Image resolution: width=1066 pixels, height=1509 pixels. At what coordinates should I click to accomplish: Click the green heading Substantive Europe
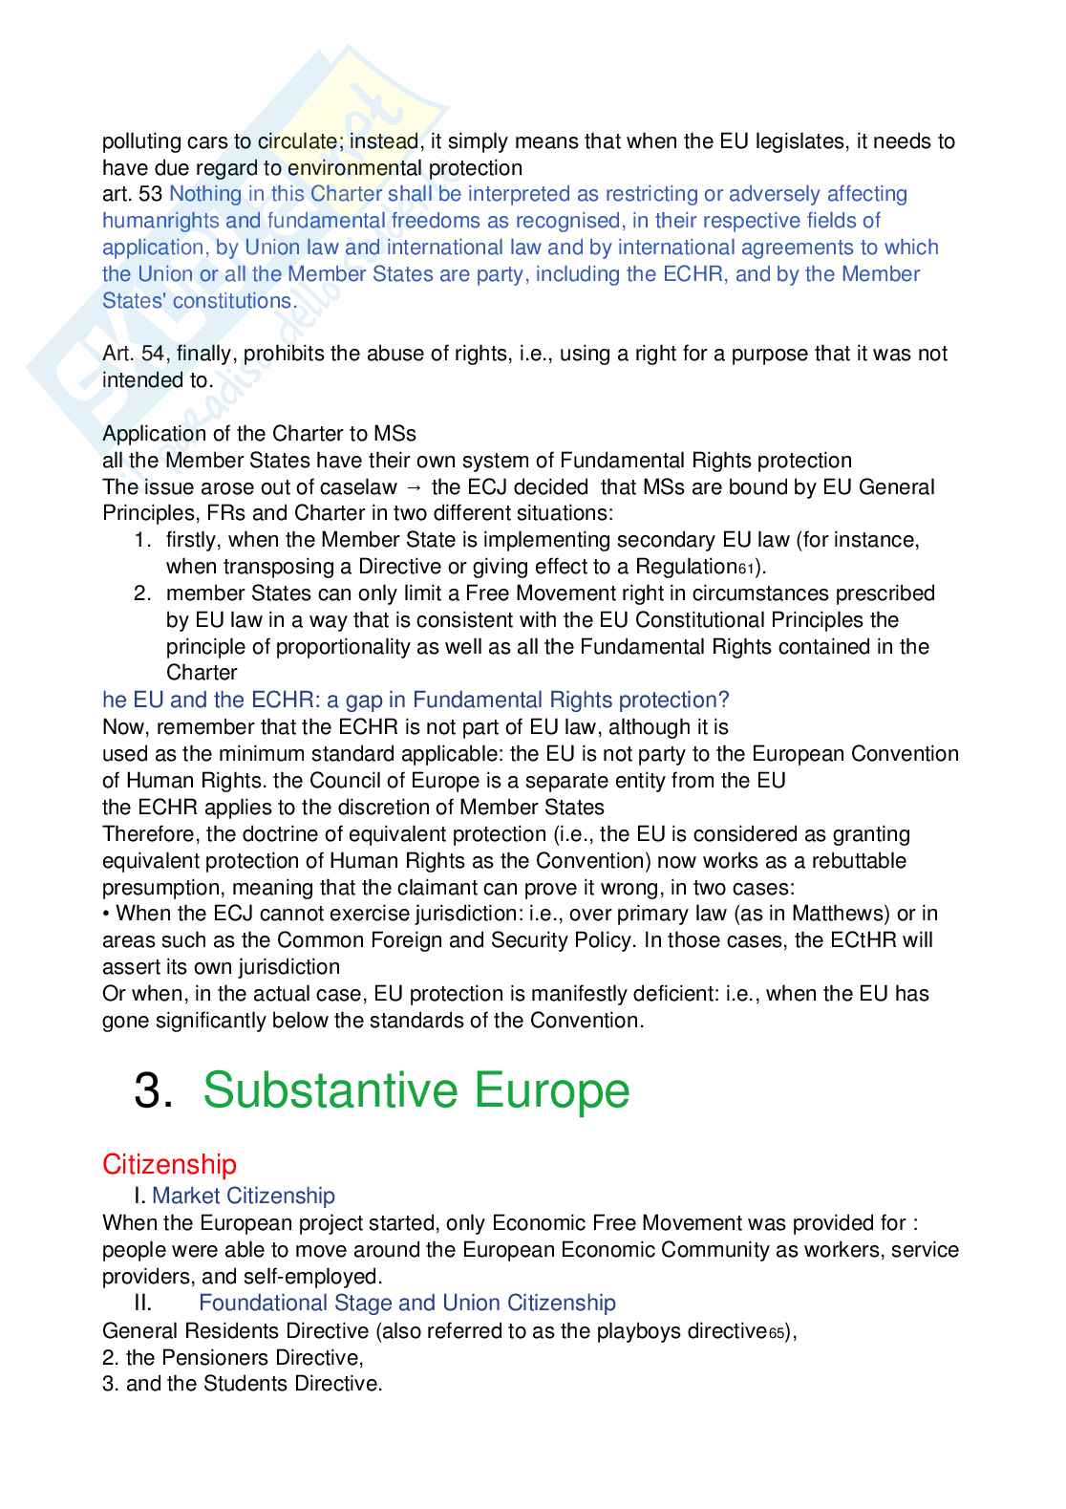(x=416, y=1090)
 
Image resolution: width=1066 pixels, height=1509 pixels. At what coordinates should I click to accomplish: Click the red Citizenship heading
(x=169, y=1164)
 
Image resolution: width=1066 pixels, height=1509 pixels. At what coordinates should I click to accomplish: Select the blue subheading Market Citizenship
(x=243, y=1196)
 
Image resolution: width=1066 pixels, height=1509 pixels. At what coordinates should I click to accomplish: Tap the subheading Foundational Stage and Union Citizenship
(x=407, y=1303)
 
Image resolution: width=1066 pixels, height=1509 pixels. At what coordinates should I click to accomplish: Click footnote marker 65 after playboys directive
(x=778, y=1333)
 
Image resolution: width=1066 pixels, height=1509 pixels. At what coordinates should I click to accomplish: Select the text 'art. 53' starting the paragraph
(x=133, y=194)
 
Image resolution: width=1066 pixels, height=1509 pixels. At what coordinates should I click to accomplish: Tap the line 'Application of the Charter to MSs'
(x=259, y=434)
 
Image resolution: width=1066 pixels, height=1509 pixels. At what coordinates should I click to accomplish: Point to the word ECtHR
(x=863, y=940)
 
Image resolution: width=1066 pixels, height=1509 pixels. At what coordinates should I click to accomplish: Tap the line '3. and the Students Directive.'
(x=242, y=1384)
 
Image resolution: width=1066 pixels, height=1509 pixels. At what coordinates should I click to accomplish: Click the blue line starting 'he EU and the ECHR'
(x=416, y=701)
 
